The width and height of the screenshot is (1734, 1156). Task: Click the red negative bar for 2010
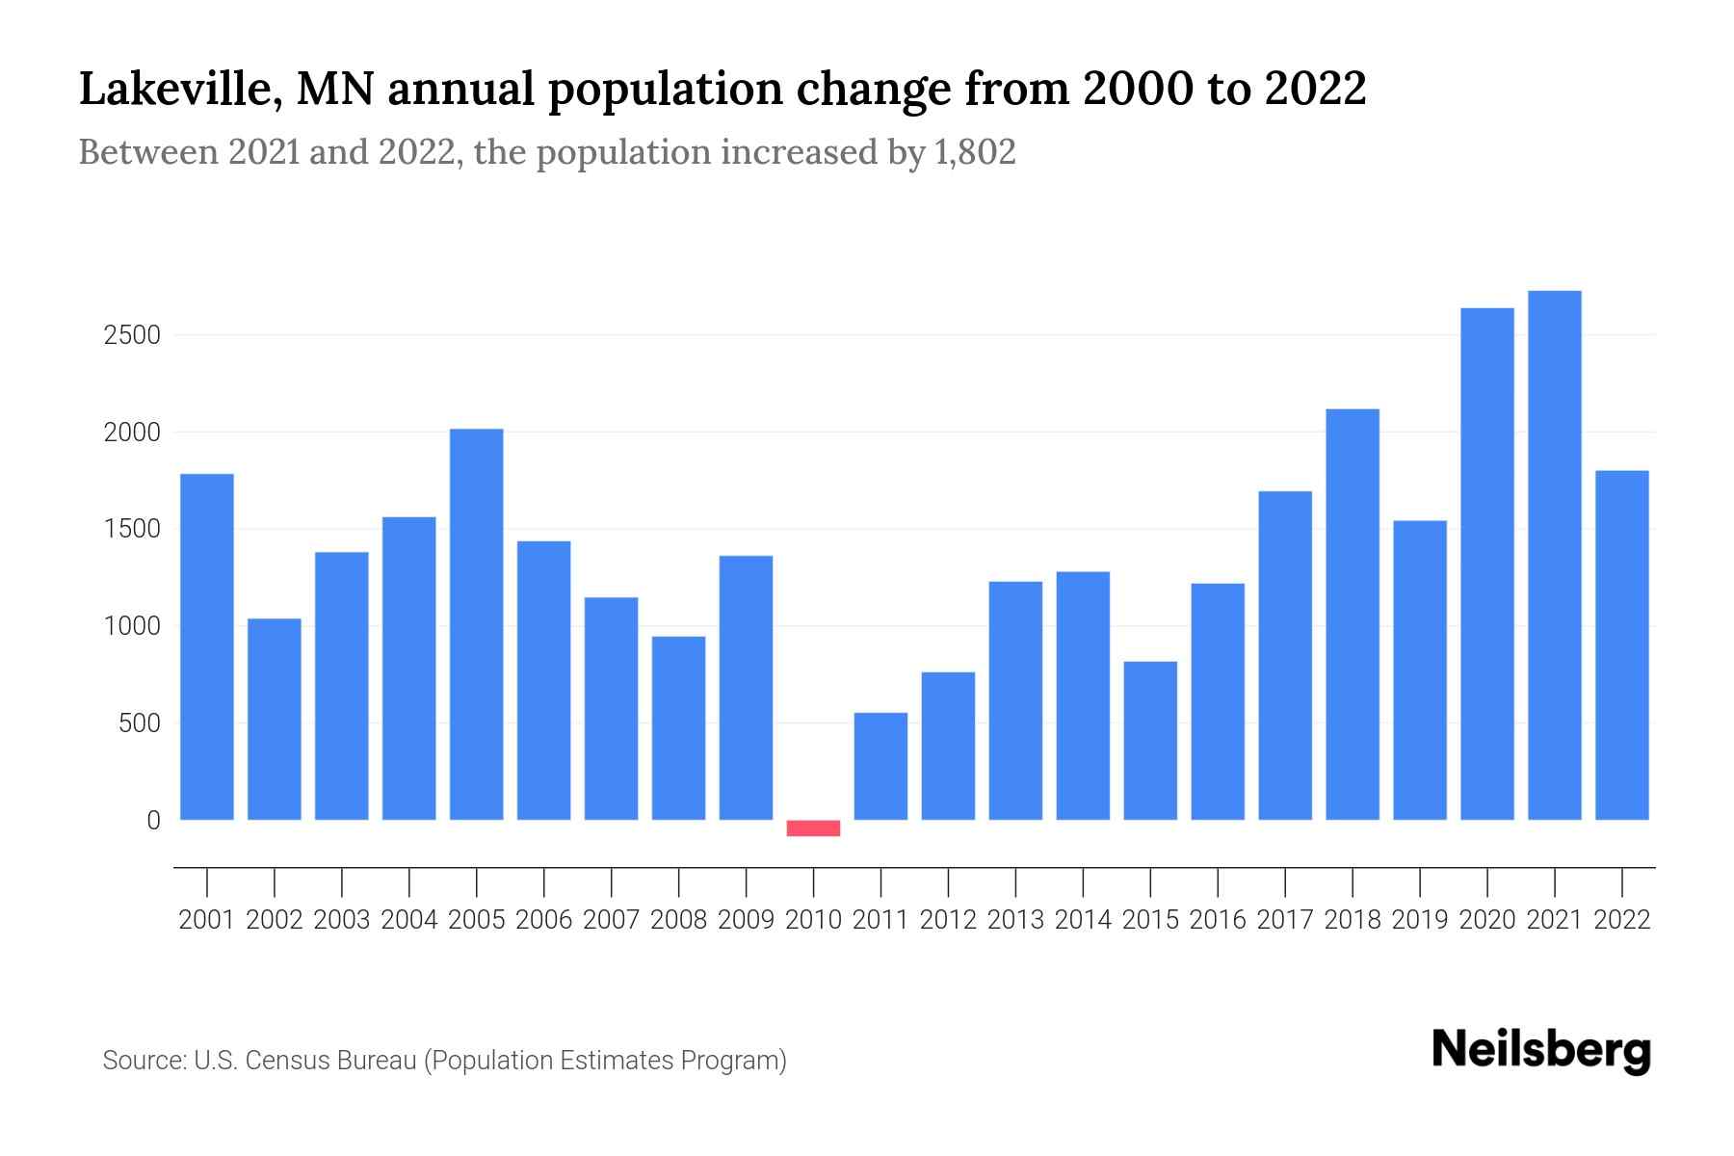tap(813, 828)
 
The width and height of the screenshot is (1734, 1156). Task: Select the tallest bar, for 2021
tap(1554, 555)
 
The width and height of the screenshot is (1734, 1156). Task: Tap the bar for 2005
tap(476, 624)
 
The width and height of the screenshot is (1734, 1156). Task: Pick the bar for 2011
tap(880, 766)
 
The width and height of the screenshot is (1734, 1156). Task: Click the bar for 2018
tap(1352, 615)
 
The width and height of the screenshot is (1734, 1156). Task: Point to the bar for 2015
tap(1150, 740)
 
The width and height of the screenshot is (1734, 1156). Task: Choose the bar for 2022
tap(1621, 645)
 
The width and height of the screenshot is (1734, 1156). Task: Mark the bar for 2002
tap(275, 719)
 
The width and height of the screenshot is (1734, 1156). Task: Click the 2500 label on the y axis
tap(132, 336)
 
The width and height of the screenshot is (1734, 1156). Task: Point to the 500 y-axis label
tap(139, 723)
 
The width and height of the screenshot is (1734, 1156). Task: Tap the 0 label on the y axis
tap(153, 821)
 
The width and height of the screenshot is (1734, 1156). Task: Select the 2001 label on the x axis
tap(207, 920)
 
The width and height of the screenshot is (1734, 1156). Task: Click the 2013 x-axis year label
tap(1015, 920)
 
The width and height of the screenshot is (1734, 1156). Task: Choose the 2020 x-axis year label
tap(1486, 920)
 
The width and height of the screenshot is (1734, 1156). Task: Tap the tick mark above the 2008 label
tap(678, 880)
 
